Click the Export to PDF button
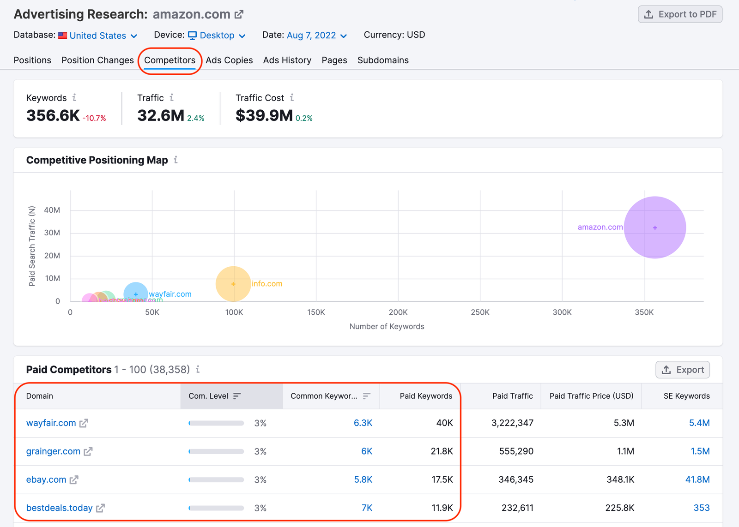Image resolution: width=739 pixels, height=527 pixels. pos(680,14)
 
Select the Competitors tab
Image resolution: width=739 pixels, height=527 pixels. pos(170,60)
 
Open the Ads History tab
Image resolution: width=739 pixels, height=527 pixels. pos(287,60)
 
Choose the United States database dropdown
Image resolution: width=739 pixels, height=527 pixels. pos(98,36)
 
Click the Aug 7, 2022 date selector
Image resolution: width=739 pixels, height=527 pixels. pos(316,36)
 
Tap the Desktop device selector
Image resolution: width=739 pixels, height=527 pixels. pos(217,36)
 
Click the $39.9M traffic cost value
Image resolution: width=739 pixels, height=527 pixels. pos(264,115)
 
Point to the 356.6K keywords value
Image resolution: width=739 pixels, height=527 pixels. pos(53,115)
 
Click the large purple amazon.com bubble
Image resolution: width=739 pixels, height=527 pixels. pos(654,228)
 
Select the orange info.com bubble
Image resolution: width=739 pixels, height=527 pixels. pos(233,284)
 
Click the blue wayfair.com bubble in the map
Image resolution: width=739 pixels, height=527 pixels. pos(136,293)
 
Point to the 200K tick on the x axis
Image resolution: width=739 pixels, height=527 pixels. pos(398,312)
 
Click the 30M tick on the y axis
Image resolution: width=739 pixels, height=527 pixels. pos(52,233)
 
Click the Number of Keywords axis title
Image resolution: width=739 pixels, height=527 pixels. pos(387,326)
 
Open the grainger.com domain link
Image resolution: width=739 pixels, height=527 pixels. pos(53,451)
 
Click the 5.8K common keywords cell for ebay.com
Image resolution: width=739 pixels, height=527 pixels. pos(363,479)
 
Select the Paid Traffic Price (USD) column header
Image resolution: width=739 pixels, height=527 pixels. pos(591,396)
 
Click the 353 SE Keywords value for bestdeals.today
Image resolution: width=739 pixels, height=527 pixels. pos(701,508)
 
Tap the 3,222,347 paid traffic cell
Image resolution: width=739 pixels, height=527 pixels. pos(512,423)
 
